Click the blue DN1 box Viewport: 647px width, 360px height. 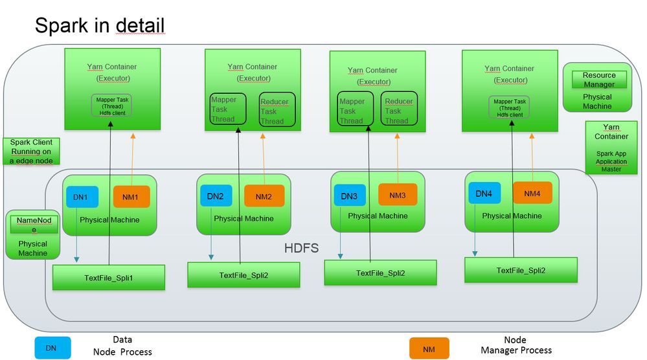pyautogui.click(x=81, y=197)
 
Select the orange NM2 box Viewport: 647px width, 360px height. pyautogui.click(x=264, y=196)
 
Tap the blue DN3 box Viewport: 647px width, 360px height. pyautogui.click(x=350, y=196)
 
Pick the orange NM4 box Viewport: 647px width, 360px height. pyautogui.click(x=532, y=193)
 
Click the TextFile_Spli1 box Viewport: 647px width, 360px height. pyautogui.click(x=108, y=278)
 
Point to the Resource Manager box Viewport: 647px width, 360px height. pyautogui.click(x=599, y=80)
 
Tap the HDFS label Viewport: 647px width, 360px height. pyautogui.click(x=302, y=248)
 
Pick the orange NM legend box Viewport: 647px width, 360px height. pyautogui.click(x=429, y=348)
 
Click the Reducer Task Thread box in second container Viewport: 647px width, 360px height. pyautogui.click(x=274, y=111)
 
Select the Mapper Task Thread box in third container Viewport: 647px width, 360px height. pyautogui.click(x=354, y=111)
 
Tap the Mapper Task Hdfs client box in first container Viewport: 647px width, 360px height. pyautogui.click(x=110, y=106)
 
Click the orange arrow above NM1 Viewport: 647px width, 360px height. pyautogui.click(x=133, y=159)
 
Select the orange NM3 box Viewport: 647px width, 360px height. pyautogui.click(x=398, y=195)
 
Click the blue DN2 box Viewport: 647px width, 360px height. pyautogui.click(x=216, y=196)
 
